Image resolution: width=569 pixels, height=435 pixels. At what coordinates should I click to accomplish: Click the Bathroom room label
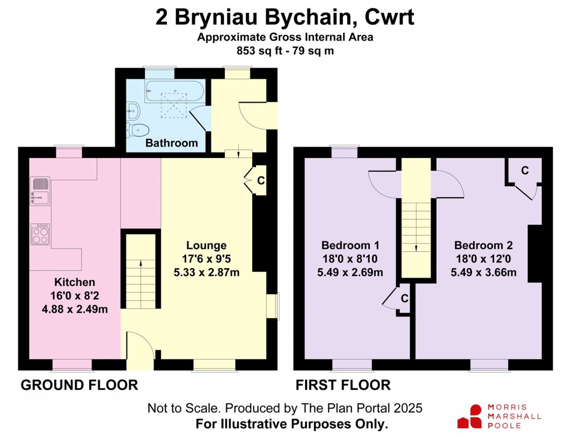[171, 143]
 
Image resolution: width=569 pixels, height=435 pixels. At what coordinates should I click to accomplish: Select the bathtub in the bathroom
[172, 92]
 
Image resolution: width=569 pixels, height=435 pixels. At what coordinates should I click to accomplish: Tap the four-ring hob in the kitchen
[40, 234]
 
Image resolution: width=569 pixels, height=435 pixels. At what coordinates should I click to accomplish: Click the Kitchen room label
[75, 282]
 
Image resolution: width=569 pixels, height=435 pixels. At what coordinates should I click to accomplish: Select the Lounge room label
[206, 245]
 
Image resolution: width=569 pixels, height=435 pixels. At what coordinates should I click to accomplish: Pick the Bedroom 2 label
[483, 245]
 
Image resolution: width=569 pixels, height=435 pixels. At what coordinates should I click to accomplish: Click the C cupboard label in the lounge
[260, 180]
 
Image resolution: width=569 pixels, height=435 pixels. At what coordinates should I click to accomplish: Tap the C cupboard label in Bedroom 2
[525, 171]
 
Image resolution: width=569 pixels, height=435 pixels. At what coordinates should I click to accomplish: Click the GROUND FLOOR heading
[79, 385]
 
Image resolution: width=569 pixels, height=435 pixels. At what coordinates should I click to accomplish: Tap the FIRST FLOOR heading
[343, 385]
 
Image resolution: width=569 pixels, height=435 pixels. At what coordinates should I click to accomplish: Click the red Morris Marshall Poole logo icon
[469, 417]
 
